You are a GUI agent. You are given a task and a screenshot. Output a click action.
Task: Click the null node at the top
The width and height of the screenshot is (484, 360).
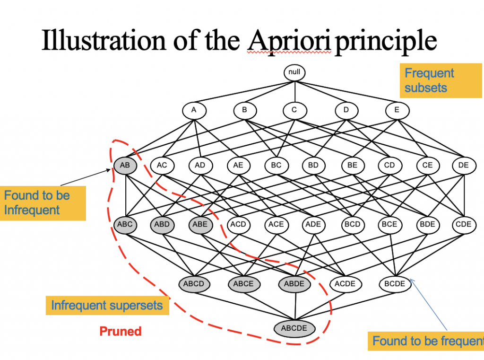(x=294, y=73)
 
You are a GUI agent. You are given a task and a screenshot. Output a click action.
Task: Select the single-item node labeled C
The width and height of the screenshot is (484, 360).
(x=294, y=111)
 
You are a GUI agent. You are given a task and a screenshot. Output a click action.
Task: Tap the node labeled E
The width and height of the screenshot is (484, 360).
(x=397, y=111)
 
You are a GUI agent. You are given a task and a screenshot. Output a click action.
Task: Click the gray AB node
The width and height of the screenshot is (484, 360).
(x=125, y=165)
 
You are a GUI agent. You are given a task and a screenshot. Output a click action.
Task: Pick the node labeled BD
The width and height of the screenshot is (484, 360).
(x=313, y=165)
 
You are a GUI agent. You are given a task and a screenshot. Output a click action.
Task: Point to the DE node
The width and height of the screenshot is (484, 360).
(x=464, y=165)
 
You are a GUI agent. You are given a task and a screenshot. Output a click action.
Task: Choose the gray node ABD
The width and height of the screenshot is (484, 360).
(x=162, y=224)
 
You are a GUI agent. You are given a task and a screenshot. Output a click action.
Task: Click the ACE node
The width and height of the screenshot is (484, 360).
(x=276, y=224)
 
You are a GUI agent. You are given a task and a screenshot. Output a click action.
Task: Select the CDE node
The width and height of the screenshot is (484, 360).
(x=464, y=224)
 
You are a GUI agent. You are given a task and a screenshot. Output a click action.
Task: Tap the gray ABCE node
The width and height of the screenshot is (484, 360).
(x=244, y=284)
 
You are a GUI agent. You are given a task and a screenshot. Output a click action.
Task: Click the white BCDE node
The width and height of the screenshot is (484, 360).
(x=395, y=284)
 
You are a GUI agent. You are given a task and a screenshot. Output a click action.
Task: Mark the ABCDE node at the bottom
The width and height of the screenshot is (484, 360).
(x=294, y=328)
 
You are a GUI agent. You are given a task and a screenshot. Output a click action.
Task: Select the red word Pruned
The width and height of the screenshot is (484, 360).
(x=121, y=331)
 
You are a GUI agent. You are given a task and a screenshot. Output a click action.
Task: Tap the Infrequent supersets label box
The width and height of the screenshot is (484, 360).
(x=107, y=306)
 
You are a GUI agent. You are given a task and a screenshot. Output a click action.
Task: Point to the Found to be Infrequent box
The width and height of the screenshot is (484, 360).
(x=43, y=203)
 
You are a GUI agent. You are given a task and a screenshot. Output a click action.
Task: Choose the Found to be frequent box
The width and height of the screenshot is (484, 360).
(x=426, y=341)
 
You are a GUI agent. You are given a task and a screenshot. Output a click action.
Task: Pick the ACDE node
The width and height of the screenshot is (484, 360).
(x=345, y=284)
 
